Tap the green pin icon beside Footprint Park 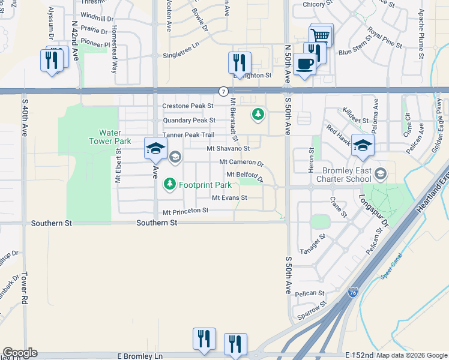click(170, 184)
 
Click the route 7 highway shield click(223, 91)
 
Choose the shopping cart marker click(321, 35)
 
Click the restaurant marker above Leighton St click(239, 62)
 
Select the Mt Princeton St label click(185, 211)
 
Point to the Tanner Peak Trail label click(188, 135)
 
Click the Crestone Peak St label click(188, 106)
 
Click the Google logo click(19, 353)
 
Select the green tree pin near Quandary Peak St click(258, 113)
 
